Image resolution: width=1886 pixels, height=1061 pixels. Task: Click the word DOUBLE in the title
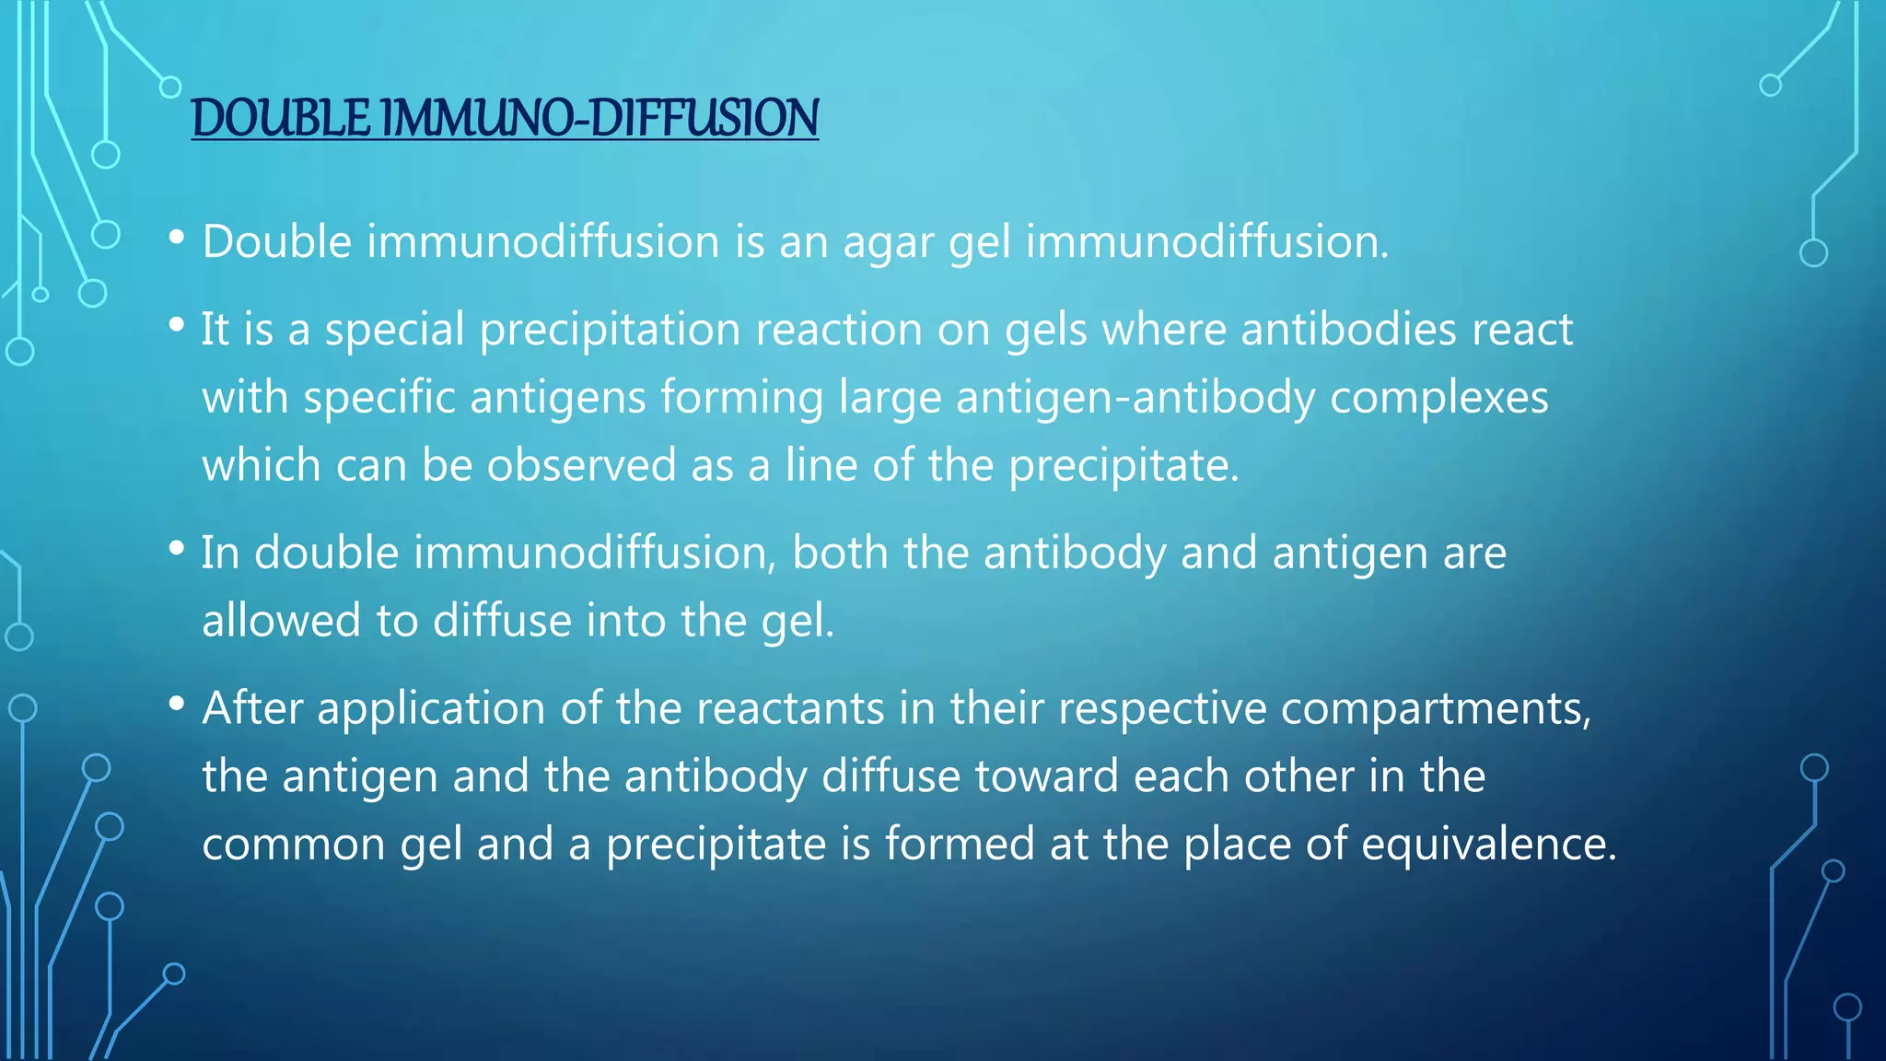tap(281, 119)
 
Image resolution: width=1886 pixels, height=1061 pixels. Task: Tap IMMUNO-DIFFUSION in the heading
tap(599, 119)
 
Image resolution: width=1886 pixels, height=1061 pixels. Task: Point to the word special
tap(394, 330)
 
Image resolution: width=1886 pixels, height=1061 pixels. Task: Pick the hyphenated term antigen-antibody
tap(1136, 398)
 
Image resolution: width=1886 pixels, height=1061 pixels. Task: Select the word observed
tap(582, 465)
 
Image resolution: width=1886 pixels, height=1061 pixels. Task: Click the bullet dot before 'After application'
tap(177, 705)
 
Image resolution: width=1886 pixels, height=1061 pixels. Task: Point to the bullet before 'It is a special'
tap(177, 325)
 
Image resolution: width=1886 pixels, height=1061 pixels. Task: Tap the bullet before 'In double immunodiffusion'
tap(177, 549)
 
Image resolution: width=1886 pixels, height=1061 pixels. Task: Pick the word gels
tap(1046, 330)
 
